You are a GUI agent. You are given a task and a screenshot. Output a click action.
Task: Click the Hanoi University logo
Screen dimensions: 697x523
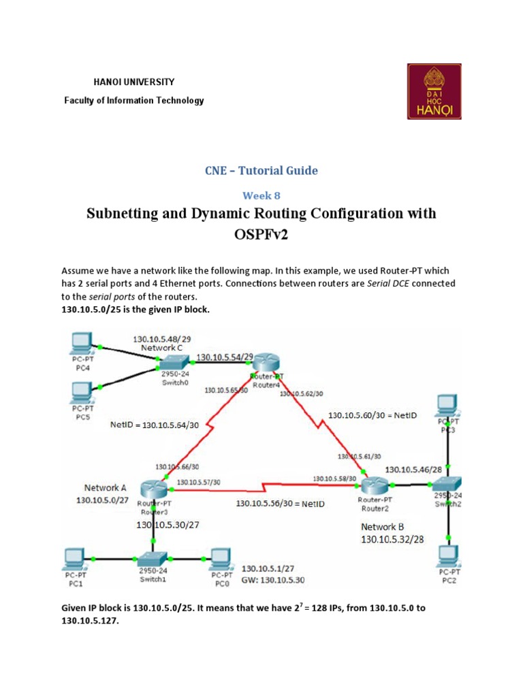[434, 91]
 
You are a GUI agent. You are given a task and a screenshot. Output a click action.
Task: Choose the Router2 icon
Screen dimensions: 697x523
[374, 486]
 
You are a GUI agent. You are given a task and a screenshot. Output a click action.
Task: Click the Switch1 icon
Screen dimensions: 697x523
[153, 557]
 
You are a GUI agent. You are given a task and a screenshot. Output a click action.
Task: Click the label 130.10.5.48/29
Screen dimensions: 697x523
[161, 338]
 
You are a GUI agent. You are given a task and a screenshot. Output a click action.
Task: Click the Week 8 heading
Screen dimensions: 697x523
[261, 195]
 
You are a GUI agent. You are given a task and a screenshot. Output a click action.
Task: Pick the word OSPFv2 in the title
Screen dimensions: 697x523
[261, 234]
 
